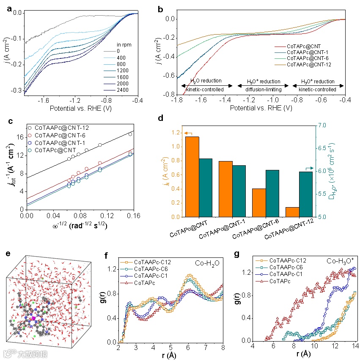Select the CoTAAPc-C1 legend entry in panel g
click(x=288, y=274)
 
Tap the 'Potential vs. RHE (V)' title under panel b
click(x=261, y=108)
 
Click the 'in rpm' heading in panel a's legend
click(x=123, y=44)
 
